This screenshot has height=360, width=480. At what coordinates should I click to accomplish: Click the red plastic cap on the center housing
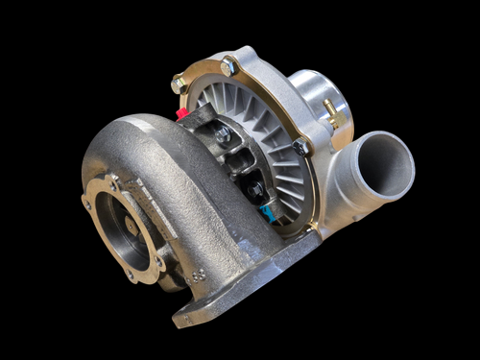coord(180,112)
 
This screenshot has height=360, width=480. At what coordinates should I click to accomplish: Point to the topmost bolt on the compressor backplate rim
coord(228,66)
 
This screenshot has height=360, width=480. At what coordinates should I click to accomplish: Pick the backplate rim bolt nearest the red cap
coord(179,84)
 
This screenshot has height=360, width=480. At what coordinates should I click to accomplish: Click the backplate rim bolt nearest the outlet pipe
coord(300,146)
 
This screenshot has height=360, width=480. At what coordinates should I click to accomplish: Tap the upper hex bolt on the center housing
coord(223,135)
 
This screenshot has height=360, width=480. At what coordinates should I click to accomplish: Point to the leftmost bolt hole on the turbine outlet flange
coord(88,204)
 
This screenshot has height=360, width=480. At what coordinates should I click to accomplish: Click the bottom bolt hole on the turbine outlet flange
coord(129,276)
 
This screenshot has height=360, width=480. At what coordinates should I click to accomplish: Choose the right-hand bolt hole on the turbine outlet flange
coord(164,252)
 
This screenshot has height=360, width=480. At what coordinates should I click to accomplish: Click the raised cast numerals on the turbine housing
coord(199,275)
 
